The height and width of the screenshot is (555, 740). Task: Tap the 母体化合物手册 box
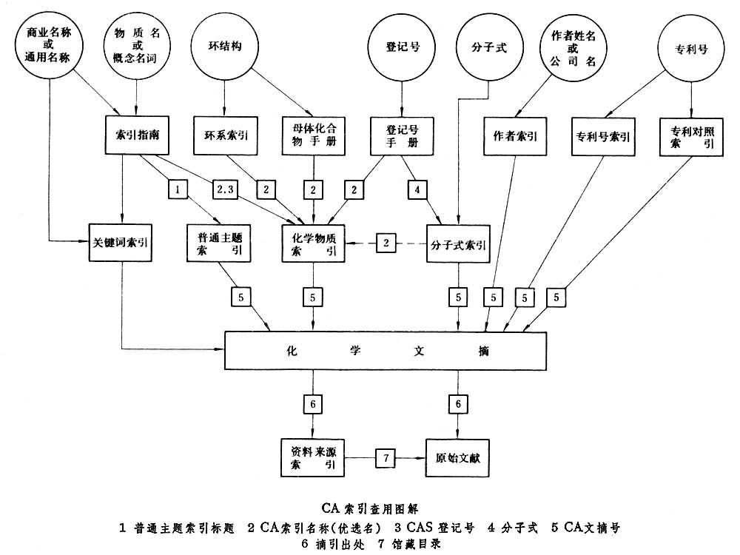(x=314, y=135)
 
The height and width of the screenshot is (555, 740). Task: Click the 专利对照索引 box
(x=691, y=135)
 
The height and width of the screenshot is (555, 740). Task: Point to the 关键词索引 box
(x=120, y=242)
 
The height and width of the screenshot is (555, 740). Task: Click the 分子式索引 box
(x=458, y=243)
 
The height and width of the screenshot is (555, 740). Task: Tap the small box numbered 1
(x=176, y=189)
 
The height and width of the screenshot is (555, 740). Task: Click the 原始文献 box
(x=459, y=459)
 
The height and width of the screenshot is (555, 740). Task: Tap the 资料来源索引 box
(x=314, y=458)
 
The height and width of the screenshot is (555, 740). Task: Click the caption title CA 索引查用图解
(x=369, y=508)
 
